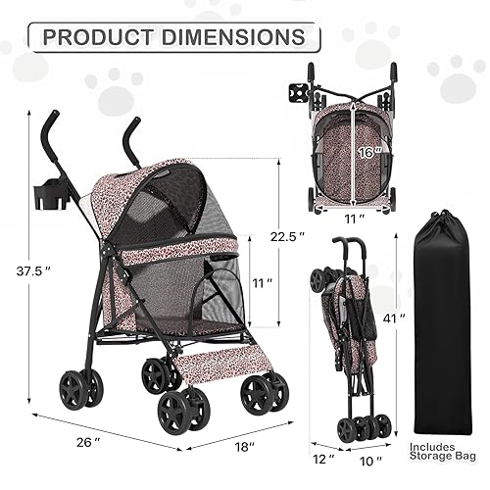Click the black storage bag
point(447,333)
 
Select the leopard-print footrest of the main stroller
point(214,354)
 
